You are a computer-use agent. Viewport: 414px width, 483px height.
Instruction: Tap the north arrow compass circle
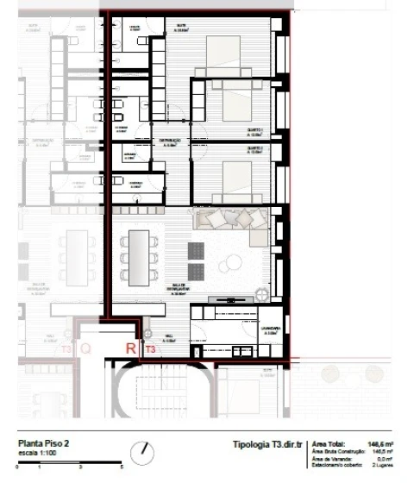pos(143,452)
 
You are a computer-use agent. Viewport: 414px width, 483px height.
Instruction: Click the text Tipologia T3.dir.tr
pos(268,444)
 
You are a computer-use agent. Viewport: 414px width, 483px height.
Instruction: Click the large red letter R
pos(130,348)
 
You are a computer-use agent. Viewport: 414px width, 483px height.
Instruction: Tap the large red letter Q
pos(85,349)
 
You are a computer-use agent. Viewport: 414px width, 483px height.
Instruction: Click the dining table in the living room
pos(138,256)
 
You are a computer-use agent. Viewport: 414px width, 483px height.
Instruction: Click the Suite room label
pos(182,28)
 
